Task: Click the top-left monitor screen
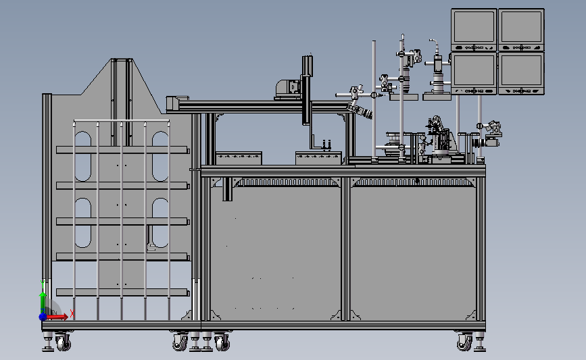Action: point(474,28)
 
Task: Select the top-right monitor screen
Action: point(521,28)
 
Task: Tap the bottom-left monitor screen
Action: point(474,71)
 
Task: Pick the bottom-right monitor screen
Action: point(521,71)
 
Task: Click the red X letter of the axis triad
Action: point(72,313)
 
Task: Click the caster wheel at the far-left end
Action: point(63,343)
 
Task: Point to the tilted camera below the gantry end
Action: point(361,111)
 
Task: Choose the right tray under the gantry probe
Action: point(318,159)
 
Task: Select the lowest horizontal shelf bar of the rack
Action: point(122,292)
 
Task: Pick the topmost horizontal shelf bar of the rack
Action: point(122,149)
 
